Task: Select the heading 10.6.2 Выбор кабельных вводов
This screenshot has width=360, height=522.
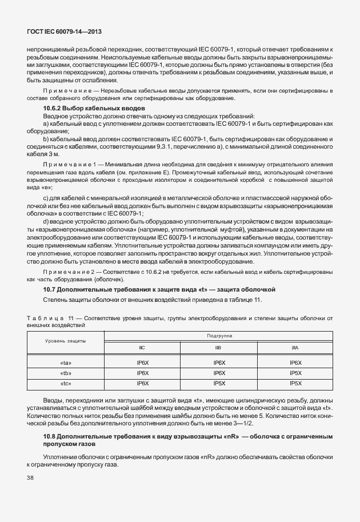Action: [x=94, y=108]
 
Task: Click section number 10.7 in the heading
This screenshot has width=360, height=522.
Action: [x=50, y=289]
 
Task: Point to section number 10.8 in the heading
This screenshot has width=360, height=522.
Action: [x=50, y=437]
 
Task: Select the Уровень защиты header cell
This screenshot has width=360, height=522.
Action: [x=65, y=341]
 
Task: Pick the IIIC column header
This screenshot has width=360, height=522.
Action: [x=142, y=347]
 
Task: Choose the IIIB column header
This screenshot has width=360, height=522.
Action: [x=218, y=347]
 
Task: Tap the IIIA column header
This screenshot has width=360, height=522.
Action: [x=295, y=347]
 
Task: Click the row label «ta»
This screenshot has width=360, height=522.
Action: [x=65, y=362]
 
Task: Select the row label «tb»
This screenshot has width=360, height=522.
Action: [x=65, y=372]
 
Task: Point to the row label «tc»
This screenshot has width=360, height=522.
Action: [x=65, y=382]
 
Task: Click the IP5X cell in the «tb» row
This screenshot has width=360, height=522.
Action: [x=295, y=372]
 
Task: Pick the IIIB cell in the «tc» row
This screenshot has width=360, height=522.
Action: [x=218, y=382]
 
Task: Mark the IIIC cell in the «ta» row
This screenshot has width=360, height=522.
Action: [x=142, y=362]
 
